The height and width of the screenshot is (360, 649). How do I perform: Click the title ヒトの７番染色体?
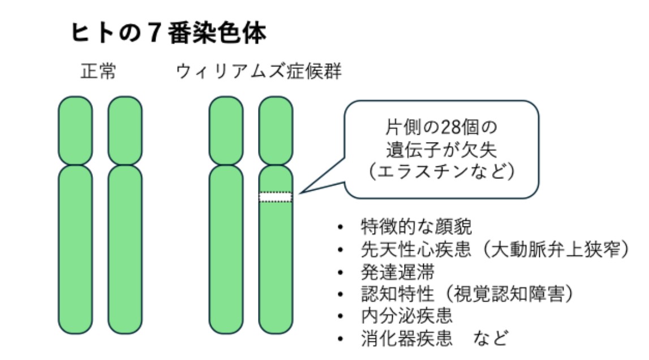coord(168,35)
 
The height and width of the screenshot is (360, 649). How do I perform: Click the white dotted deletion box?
coord(276,197)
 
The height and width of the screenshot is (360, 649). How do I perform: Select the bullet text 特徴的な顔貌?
coord(416,228)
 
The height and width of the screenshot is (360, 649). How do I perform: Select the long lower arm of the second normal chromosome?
coord(125,249)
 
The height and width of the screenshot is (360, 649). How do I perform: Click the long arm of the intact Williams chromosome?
coord(226,249)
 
